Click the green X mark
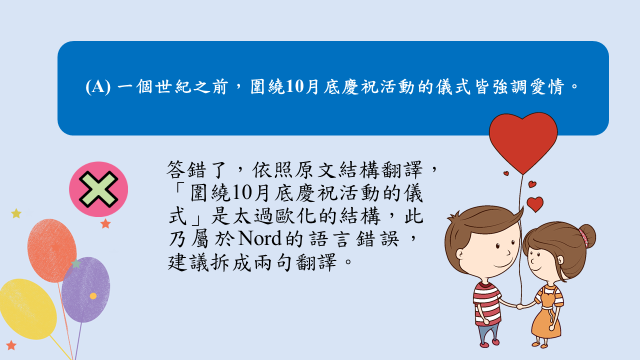tap(98, 189)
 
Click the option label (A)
tap(98, 86)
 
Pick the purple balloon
tap(85, 289)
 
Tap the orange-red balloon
tap(51, 250)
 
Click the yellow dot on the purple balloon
tap(93, 296)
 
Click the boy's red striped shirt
tap(487, 303)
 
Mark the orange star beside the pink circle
tap(105, 223)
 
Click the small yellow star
tap(16, 213)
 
